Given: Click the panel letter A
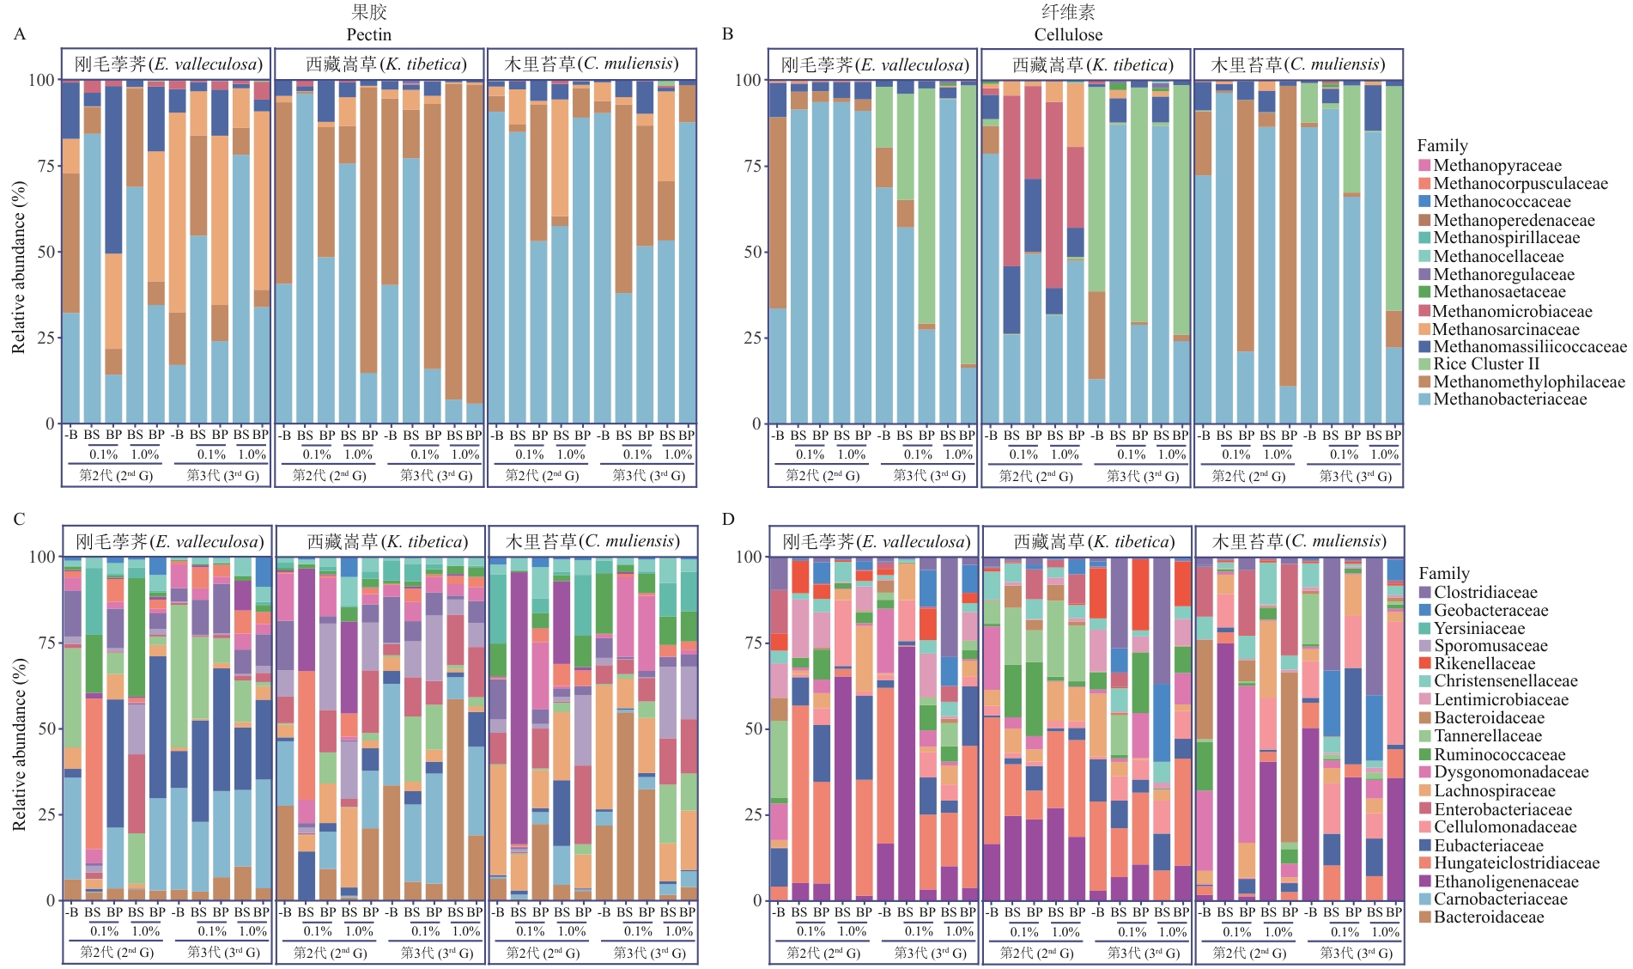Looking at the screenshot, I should pos(20,34).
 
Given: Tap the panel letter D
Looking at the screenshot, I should pos(728,519).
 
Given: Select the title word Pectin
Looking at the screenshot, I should pos(368,34).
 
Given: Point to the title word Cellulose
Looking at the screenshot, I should pos(1068,34).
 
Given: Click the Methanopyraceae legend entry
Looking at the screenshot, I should pos(1496,165).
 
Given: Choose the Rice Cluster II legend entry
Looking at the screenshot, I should pos(1485,363).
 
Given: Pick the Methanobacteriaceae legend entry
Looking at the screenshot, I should pos(1509,399).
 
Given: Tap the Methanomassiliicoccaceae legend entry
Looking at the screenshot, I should pos(1528,346).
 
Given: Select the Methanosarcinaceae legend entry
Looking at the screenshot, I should pos(1505,329).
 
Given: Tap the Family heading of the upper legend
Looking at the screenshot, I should pos(1442,145).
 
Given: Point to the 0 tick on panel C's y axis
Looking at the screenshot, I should pos(49,900).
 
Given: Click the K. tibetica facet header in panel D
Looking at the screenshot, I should pos(1087,542).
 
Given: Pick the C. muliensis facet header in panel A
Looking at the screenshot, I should pos(592,64).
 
